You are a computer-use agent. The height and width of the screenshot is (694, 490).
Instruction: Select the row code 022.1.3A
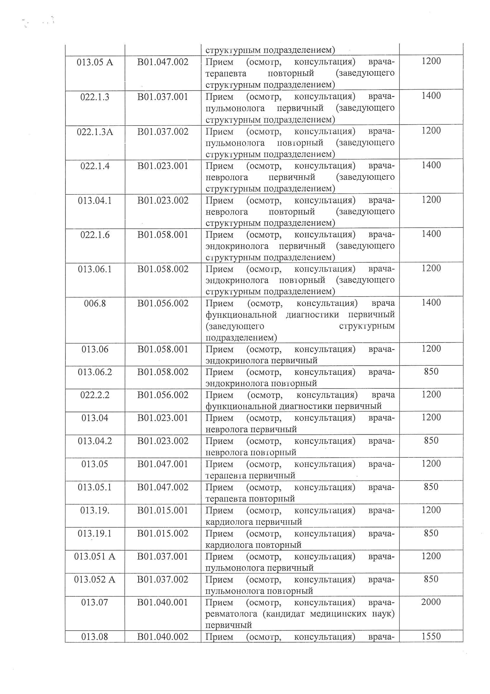(95, 132)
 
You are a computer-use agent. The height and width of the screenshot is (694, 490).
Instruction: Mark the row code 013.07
(95, 602)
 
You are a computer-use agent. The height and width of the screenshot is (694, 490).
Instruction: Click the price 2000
(431, 602)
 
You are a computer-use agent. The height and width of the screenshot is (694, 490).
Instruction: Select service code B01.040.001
(163, 602)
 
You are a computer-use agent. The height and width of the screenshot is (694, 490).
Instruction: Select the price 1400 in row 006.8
(431, 303)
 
